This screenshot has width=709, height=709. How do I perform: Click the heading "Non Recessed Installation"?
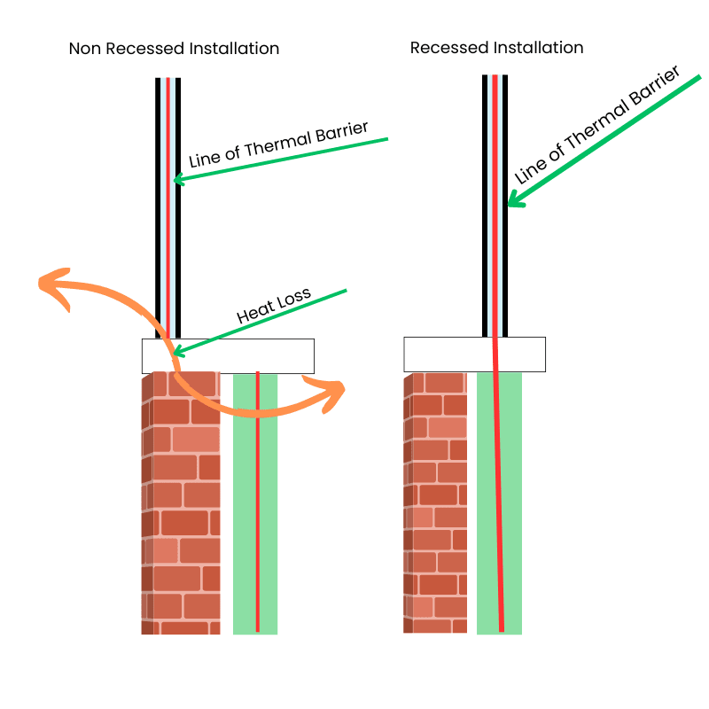click(174, 49)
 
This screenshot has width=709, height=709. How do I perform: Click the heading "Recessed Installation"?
click(496, 47)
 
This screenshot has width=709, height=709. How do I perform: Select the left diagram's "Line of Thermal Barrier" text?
click(278, 144)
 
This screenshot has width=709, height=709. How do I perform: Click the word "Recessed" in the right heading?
click(448, 47)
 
